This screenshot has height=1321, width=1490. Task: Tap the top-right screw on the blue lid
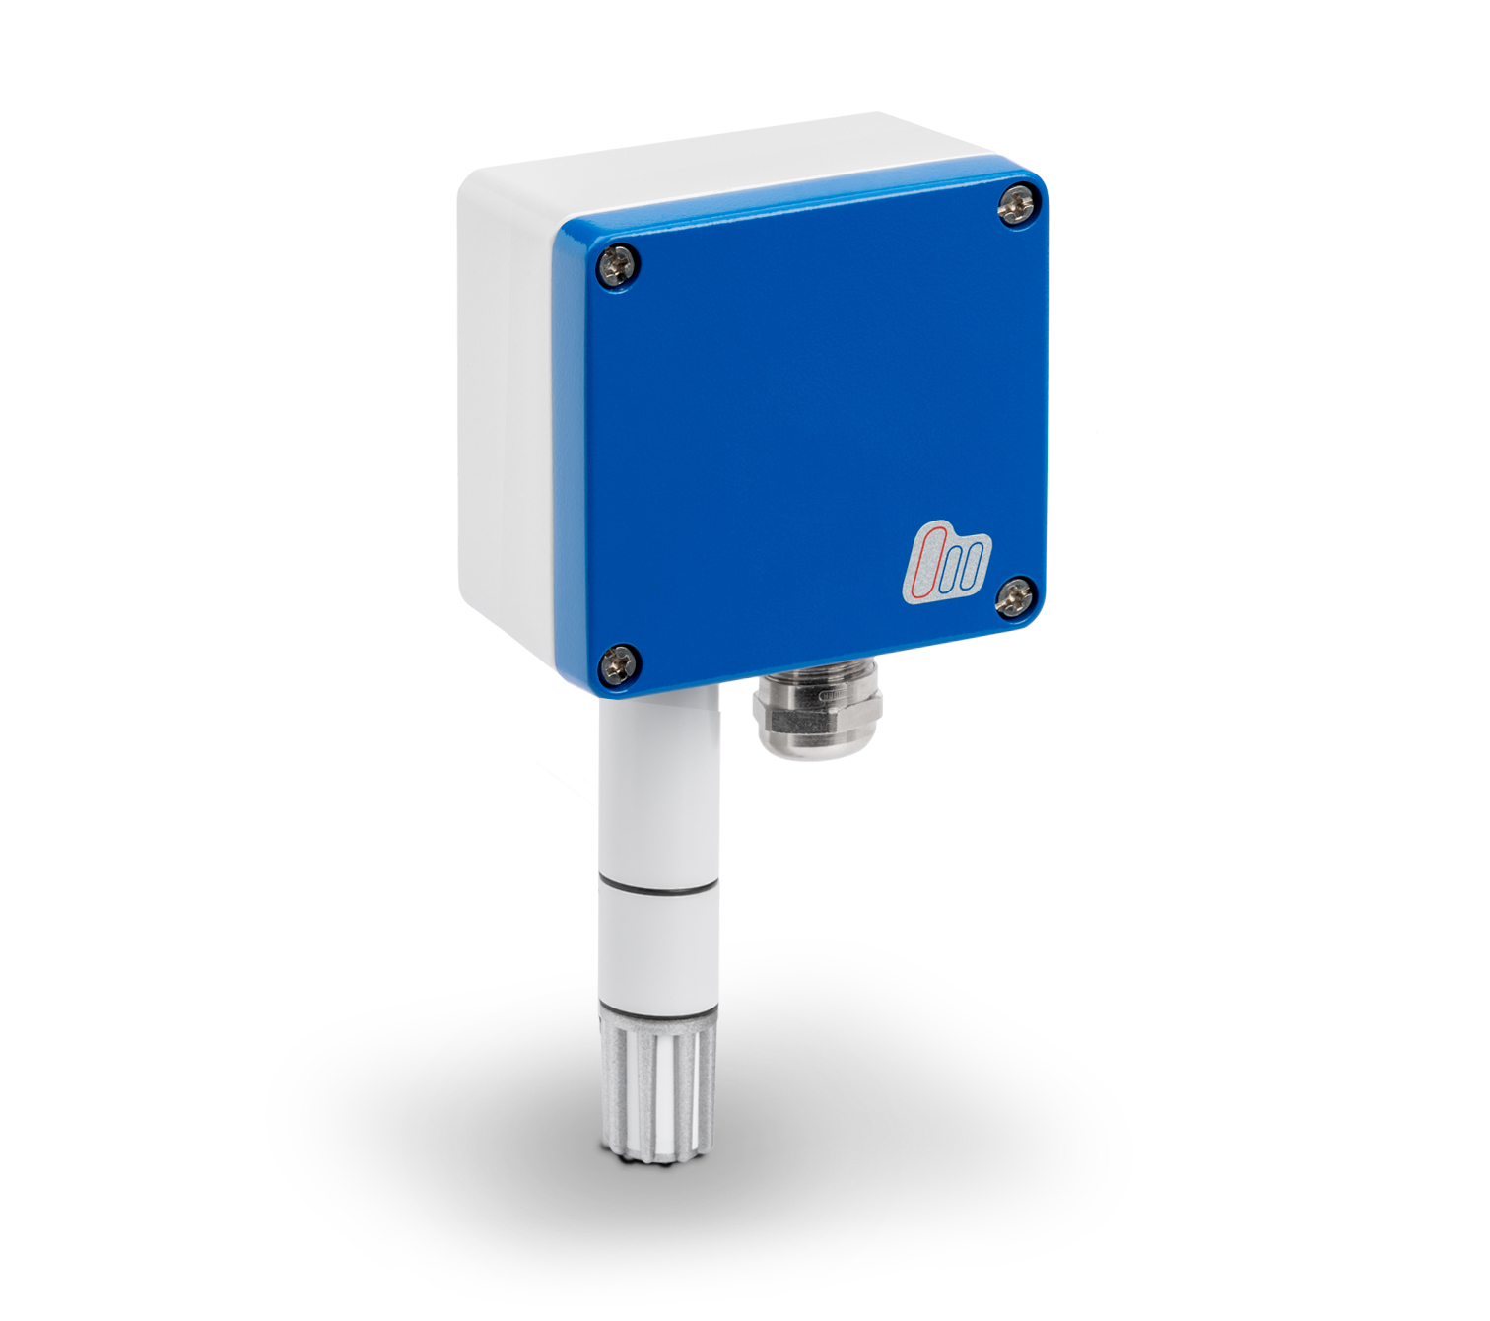click(x=1018, y=206)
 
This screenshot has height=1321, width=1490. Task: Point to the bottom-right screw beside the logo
click(x=1015, y=597)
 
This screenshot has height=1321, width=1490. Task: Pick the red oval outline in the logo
click(x=928, y=564)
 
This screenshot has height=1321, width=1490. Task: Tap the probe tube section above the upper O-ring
click(x=659, y=789)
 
